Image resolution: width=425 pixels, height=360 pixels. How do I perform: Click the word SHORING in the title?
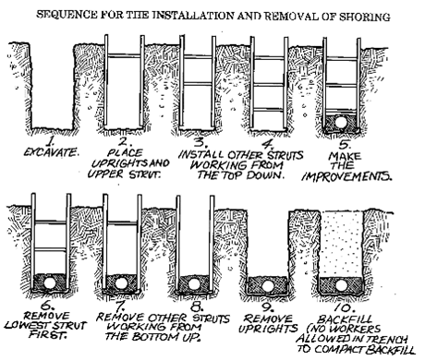click(365, 17)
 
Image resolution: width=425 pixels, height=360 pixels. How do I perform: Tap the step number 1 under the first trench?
click(50, 141)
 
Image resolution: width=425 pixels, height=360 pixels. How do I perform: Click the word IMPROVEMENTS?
click(346, 176)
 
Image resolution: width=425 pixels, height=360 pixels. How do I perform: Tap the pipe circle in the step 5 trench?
click(341, 122)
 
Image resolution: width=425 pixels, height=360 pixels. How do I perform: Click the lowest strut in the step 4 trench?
click(269, 109)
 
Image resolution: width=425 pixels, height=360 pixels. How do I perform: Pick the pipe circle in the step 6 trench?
click(50, 282)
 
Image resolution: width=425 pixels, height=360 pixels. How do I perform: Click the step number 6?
click(48, 306)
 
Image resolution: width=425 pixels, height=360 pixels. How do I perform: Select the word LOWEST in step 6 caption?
click(26, 326)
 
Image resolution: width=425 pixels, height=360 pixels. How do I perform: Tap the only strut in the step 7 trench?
click(122, 223)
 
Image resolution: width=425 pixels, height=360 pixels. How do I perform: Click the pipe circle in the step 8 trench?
click(194, 283)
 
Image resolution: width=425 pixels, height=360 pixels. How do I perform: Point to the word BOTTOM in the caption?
click(155, 336)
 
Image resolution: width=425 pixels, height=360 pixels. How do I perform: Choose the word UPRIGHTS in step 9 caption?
click(268, 329)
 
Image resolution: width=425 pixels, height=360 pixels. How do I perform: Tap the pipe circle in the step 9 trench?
click(267, 286)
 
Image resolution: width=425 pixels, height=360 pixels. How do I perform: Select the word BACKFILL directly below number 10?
click(345, 319)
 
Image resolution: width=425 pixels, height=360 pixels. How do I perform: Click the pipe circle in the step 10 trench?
click(341, 285)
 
